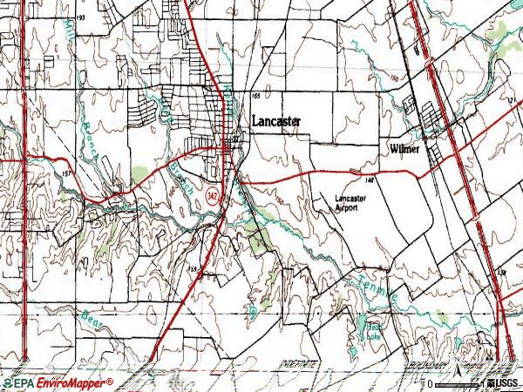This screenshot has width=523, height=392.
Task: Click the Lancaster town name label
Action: pos(276,122)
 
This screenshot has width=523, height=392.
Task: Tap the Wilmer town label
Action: pos(404,149)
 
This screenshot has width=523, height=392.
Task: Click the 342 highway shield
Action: pos(213,197)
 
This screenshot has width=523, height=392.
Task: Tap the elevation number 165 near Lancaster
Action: pos(256,95)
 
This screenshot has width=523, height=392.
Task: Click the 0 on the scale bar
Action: pos(430,382)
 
